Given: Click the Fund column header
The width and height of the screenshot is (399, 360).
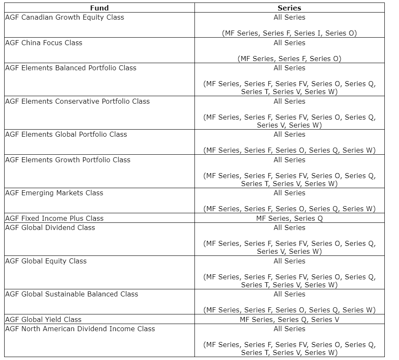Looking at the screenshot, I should coord(99,8).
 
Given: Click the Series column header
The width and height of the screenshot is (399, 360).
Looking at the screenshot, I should coord(289,8).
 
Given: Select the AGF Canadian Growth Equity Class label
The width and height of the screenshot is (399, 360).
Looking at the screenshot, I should coord(65,18).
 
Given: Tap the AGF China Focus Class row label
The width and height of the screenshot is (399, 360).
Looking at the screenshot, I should coord(44,43).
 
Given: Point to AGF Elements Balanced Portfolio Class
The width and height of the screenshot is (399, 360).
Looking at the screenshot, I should coord(71,68).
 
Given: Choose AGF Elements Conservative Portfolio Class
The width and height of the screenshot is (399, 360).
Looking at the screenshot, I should coord(77,101).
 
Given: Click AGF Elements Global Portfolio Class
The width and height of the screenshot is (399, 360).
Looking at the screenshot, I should coord(66,134).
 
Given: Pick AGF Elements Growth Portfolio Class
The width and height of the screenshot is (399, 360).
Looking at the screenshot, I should coord(68,160).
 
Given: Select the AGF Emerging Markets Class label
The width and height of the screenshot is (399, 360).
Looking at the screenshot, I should coord(54,193).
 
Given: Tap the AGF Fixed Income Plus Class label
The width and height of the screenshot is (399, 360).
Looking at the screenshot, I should coord(54,218).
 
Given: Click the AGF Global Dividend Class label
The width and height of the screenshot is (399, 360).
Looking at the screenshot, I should coord(50,227).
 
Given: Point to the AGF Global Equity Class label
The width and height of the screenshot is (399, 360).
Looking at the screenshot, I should coord(46,261).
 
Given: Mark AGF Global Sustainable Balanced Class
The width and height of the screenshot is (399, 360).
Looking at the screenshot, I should coord(72,294).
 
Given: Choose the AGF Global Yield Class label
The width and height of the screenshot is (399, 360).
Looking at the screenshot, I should coord(43,319).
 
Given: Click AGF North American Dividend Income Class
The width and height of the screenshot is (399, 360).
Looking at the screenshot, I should coord(80,329).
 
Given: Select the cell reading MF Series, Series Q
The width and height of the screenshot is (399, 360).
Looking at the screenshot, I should coord(289,218).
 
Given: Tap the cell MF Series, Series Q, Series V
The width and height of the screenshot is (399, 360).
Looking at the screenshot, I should coord(289,319).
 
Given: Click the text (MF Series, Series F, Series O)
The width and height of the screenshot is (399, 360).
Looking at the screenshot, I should coord(289,59).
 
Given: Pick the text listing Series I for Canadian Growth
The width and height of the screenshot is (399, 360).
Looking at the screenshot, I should coord(289,33).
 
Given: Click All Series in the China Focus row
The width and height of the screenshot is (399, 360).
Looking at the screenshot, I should coord(289,43).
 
